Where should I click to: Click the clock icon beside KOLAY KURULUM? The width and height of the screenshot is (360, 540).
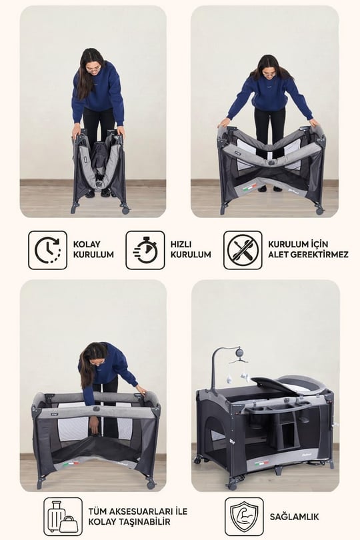point(47,250)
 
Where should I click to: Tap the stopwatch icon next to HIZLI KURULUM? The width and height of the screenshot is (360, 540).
point(145,250)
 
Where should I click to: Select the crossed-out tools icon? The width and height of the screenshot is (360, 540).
point(243,250)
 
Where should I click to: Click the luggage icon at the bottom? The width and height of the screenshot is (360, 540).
point(63,517)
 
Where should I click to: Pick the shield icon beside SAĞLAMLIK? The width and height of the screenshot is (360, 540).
point(244,517)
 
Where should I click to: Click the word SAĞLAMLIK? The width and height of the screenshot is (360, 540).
point(294,517)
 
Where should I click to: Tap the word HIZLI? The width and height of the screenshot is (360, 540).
point(181,244)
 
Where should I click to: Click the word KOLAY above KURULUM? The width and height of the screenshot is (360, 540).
point(87,244)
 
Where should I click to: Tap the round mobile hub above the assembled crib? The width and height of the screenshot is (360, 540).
point(239,352)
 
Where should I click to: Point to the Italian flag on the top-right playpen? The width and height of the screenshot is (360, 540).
point(250,188)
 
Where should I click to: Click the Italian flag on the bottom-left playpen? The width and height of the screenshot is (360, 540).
point(71,464)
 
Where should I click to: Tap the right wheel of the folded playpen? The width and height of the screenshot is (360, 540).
point(125,209)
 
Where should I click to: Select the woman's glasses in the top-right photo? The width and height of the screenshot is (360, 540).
point(270,73)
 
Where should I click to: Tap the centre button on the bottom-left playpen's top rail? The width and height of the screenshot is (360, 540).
point(96,409)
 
